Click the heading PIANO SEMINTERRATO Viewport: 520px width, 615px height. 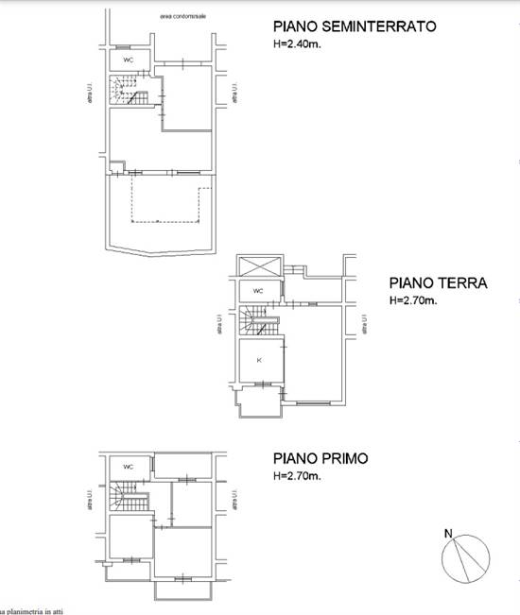click(x=354, y=27)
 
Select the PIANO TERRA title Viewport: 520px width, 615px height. click(x=438, y=282)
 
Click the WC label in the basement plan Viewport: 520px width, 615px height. click(x=127, y=60)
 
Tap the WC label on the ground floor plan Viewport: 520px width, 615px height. click(x=257, y=291)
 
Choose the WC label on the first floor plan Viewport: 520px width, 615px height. click(x=127, y=466)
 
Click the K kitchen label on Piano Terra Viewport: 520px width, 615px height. click(x=257, y=359)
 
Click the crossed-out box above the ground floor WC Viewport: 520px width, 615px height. click(x=259, y=265)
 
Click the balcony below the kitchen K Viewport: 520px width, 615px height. click(x=258, y=402)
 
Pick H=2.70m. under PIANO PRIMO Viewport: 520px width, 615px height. click(x=296, y=477)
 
